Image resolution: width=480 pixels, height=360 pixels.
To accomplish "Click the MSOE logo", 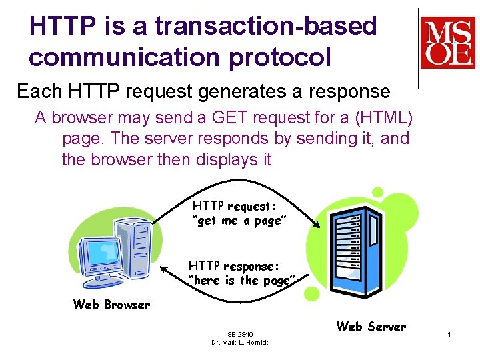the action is tap(447, 44).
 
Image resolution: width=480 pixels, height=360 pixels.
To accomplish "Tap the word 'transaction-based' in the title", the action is tap(266, 26).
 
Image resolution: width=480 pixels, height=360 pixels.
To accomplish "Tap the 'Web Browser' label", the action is tap(111, 305).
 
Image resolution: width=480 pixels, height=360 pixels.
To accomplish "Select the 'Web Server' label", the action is tap(371, 327).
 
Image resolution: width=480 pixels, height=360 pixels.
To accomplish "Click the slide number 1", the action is tap(450, 333).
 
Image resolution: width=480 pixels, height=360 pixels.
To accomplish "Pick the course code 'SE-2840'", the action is tap(240, 334).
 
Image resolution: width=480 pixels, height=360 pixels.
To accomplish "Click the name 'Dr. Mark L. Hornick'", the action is tap(240, 343).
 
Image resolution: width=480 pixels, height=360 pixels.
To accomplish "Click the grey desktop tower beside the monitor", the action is tap(133, 246).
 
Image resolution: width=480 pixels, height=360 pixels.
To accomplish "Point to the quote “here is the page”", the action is tap(240, 281).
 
